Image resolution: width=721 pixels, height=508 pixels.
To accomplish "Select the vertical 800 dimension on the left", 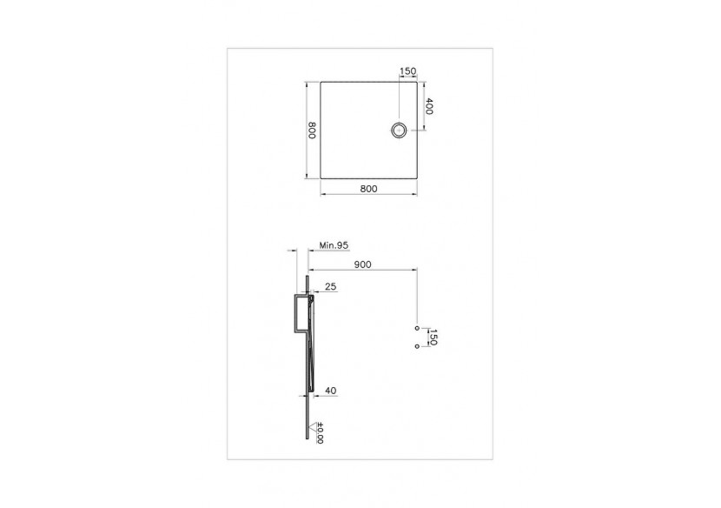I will [312, 130].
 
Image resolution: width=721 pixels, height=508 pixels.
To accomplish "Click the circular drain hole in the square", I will [399, 130].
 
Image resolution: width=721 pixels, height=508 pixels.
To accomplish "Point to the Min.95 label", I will [334, 246].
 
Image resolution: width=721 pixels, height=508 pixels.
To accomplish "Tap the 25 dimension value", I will [330, 285].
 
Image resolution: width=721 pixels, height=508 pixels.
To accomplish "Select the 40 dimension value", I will [330, 391].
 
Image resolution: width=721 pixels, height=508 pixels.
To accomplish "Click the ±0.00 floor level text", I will [320, 433].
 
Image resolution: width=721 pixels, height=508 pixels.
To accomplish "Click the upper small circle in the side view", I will [418, 328].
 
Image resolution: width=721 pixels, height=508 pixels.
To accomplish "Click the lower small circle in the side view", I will [418, 347].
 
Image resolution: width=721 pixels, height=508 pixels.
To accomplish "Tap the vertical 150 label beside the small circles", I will [431, 338].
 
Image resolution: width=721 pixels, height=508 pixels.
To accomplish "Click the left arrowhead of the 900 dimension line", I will [310, 271].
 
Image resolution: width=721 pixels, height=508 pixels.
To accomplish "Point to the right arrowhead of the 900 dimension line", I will [416, 271].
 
